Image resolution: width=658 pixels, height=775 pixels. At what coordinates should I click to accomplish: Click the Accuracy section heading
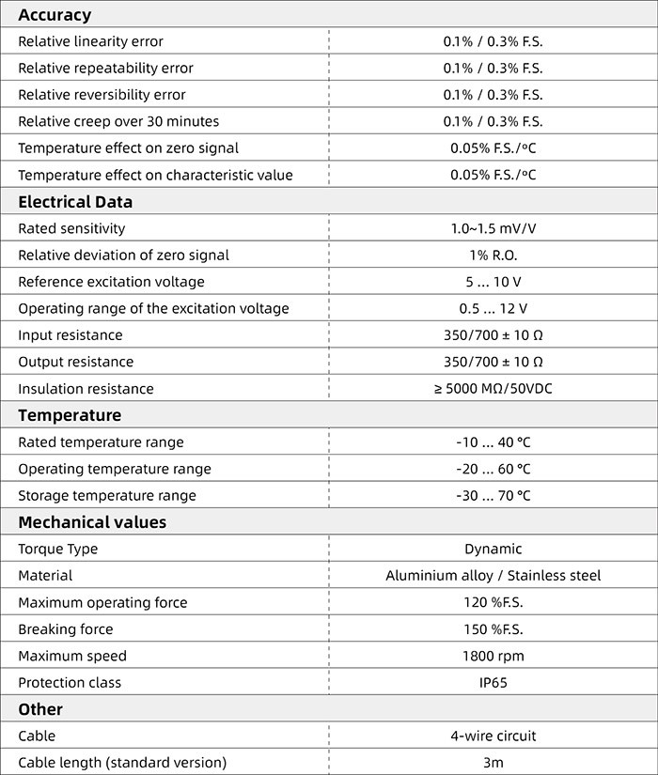[x=55, y=15]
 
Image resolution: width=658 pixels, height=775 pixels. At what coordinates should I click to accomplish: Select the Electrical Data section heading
[x=75, y=202]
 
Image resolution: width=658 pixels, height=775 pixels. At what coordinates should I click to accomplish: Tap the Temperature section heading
[x=70, y=415]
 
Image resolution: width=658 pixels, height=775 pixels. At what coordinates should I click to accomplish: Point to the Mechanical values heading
[x=92, y=522]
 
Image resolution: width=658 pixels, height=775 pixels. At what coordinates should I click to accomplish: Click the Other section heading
[x=40, y=709]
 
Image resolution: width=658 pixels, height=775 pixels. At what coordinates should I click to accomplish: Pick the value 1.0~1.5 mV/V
[x=493, y=228]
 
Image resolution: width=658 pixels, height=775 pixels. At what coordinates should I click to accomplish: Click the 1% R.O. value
[x=493, y=256]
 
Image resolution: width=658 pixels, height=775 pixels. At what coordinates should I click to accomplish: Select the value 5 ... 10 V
[x=493, y=282]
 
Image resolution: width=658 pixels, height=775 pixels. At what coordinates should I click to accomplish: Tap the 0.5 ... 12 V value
[x=493, y=308]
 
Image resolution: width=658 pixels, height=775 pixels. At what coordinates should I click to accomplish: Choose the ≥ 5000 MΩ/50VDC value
[x=493, y=389]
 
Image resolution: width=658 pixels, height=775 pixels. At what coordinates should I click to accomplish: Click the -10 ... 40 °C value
[x=493, y=442]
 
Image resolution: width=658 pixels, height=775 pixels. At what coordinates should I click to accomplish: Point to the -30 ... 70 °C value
[x=493, y=495]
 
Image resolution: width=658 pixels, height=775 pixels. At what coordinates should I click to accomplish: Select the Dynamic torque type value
[x=493, y=549]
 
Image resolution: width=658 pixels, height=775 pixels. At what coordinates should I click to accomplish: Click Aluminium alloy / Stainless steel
[x=493, y=576]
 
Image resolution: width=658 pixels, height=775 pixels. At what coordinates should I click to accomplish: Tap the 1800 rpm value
[x=493, y=656]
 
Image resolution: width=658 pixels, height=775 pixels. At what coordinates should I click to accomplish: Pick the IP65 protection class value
[x=493, y=683]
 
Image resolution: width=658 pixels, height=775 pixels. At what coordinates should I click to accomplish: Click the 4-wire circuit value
[x=493, y=736]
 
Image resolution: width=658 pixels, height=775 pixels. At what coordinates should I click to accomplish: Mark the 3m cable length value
[x=493, y=763]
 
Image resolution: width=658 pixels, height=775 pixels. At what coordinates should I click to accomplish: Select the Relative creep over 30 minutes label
[x=118, y=121]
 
